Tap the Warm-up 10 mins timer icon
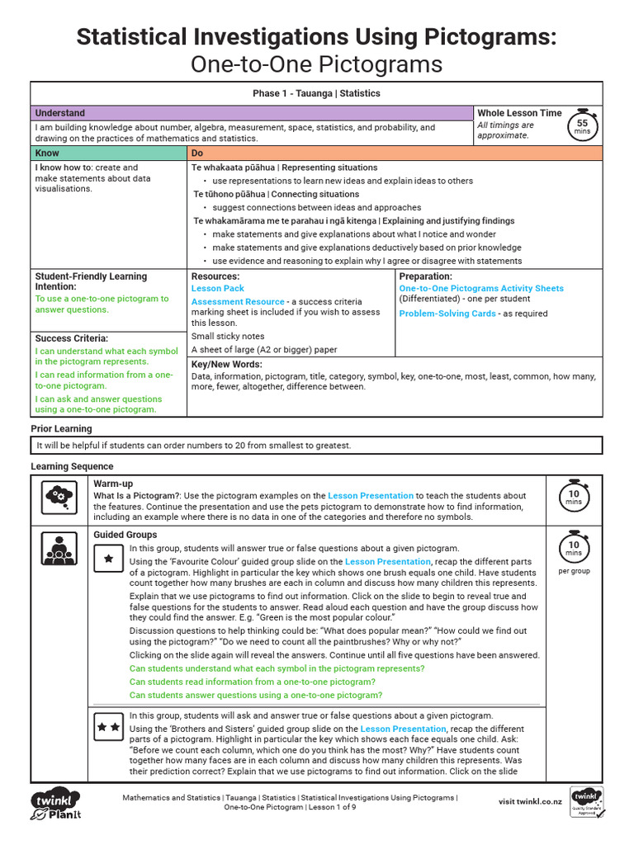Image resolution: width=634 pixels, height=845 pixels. tap(573, 495)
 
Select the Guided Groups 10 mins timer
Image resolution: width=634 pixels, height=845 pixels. tap(573, 547)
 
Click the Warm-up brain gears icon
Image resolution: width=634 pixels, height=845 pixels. tap(59, 496)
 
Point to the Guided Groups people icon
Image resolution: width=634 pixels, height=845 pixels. tap(59, 548)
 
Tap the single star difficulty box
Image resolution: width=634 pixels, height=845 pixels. tap(107, 559)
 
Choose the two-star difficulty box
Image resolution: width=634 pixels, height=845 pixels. tap(107, 727)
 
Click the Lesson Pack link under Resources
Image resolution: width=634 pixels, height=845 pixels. tap(218, 289)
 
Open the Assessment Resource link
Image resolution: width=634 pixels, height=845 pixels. tap(238, 302)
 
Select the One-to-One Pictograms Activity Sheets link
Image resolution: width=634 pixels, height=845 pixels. tap(481, 289)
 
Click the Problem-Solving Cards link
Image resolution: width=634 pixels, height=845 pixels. tap(448, 314)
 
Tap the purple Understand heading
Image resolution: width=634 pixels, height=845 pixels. tap(59, 113)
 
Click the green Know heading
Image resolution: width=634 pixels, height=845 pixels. tap(46, 153)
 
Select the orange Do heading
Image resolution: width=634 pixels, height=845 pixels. tap(198, 153)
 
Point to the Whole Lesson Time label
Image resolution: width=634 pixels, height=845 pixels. tap(519, 113)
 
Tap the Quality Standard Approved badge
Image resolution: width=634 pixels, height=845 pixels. tap(587, 802)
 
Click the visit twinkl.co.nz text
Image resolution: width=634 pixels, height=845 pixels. tap(530, 801)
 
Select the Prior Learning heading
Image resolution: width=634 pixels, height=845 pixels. tap(61, 429)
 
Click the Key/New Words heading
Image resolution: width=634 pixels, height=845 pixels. tap(227, 364)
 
